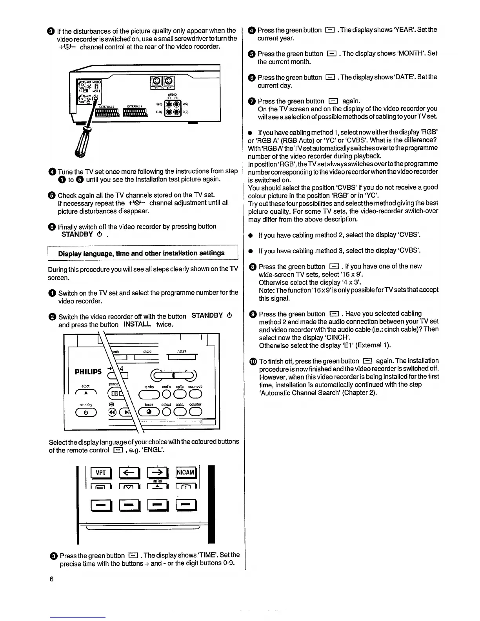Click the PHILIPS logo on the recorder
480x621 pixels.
coord(88,371)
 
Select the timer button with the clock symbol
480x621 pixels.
coord(149,411)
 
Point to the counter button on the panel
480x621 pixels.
coord(195,411)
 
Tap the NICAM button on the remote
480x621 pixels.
coord(186,472)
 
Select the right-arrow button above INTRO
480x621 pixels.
coord(157,472)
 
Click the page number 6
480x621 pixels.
coord(51,579)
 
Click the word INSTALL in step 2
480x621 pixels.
coord(137,325)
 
